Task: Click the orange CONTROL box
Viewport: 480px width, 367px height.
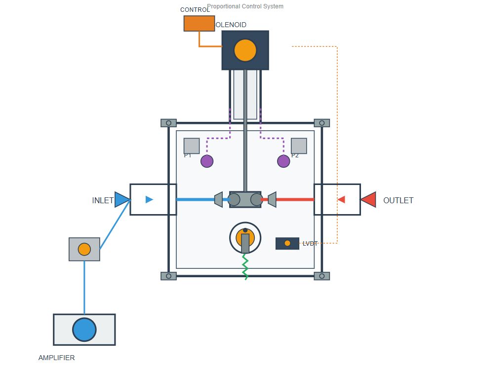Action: click(199, 23)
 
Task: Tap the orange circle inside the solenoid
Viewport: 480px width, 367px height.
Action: click(245, 50)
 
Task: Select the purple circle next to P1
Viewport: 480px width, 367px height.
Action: click(207, 161)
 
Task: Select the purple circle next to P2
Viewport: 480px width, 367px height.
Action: click(283, 161)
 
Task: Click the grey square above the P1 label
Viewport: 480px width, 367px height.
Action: click(192, 146)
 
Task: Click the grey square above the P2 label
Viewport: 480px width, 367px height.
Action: click(299, 146)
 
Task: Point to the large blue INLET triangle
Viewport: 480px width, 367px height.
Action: click(121, 199)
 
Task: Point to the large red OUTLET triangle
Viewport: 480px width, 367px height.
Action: click(369, 199)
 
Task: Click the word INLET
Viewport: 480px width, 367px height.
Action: click(103, 201)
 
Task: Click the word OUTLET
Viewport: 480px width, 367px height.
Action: click(398, 201)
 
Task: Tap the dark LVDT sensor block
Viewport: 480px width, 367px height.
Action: click(287, 243)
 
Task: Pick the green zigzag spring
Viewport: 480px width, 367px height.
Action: click(245, 266)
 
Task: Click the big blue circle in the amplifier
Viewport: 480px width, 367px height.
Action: click(84, 330)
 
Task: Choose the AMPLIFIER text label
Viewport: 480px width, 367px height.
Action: click(56, 358)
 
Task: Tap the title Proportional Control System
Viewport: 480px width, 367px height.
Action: click(245, 6)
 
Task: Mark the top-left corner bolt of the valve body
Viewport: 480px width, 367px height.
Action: click(168, 123)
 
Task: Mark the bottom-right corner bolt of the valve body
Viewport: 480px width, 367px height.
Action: click(321, 276)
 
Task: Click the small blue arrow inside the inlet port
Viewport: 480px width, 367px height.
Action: click(149, 199)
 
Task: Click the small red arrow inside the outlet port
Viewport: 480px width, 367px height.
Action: click(341, 199)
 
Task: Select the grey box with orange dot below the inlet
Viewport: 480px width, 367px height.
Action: click(84, 249)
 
